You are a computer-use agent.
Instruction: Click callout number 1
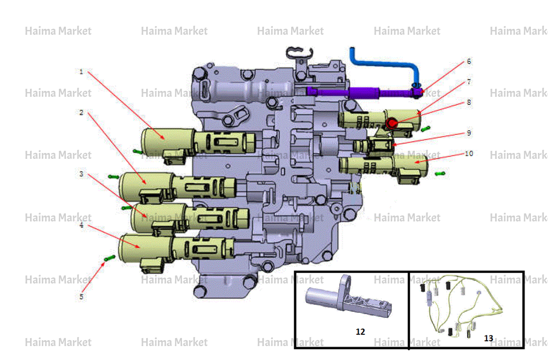point(81,72)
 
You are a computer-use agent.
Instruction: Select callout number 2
point(81,112)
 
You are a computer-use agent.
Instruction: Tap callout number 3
point(81,174)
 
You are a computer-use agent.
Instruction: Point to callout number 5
point(81,297)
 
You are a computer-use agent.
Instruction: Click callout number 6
point(469,62)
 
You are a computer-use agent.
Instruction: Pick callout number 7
point(469,82)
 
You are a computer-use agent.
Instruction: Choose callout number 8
point(469,102)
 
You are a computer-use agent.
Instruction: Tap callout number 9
point(469,133)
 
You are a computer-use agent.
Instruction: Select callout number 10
point(469,154)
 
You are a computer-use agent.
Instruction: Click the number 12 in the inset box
point(360,332)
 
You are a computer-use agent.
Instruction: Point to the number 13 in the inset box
point(489,339)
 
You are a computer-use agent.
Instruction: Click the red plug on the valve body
point(392,123)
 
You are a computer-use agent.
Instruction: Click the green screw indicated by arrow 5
point(110,258)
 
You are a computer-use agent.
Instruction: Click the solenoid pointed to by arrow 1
point(198,143)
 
